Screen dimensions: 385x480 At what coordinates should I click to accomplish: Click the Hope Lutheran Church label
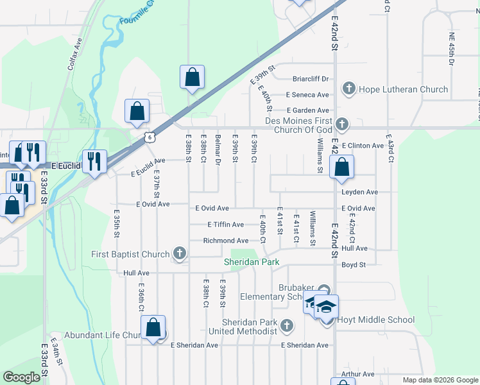[403, 89]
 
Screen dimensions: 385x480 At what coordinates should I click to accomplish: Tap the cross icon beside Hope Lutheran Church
[349, 89]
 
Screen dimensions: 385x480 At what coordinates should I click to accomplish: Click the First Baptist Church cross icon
[180, 255]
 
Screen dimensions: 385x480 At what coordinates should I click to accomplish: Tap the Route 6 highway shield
[150, 135]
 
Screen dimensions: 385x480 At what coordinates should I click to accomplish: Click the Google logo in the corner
[22, 377]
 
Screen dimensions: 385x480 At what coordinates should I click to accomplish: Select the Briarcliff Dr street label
[310, 79]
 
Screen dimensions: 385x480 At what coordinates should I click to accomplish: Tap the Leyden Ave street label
[359, 192]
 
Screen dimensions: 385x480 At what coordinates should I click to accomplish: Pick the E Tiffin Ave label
[225, 225]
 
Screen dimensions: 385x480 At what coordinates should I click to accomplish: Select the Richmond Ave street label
[225, 241]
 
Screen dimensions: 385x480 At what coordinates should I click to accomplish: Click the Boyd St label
[354, 264]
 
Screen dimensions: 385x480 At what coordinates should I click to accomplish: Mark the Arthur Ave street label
[357, 374]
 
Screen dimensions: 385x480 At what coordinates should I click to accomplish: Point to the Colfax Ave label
[76, 53]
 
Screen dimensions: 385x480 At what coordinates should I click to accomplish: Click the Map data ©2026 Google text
[439, 380]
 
